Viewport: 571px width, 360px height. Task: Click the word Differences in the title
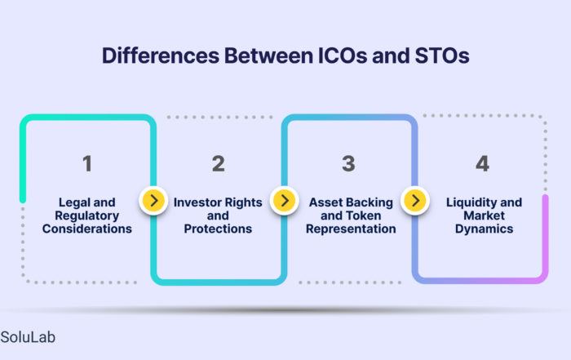(x=161, y=56)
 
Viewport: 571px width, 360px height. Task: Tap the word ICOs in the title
(x=343, y=56)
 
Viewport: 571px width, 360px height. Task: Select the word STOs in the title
(x=442, y=56)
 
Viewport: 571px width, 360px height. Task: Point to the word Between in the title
(x=268, y=56)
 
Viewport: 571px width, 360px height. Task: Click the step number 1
(x=87, y=163)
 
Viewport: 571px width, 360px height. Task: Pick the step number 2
(x=218, y=163)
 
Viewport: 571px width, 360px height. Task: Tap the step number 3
(x=348, y=163)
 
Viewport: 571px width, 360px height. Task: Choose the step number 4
(x=483, y=163)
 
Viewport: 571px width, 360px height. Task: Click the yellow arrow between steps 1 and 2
(x=153, y=200)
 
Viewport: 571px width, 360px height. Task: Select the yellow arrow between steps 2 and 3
(x=285, y=200)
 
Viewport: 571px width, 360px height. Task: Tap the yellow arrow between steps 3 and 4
(x=415, y=200)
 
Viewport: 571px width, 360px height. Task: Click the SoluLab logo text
(x=28, y=337)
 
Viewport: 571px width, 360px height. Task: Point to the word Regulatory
(x=87, y=216)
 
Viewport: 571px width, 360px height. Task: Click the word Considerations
(x=87, y=229)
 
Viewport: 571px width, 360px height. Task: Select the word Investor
(x=197, y=202)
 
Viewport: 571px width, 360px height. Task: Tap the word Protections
(x=218, y=229)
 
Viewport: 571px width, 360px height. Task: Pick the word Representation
(x=351, y=229)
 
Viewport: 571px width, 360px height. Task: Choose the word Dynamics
(x=484, y=229)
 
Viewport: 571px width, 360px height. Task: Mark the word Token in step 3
(x=363, y=216)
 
